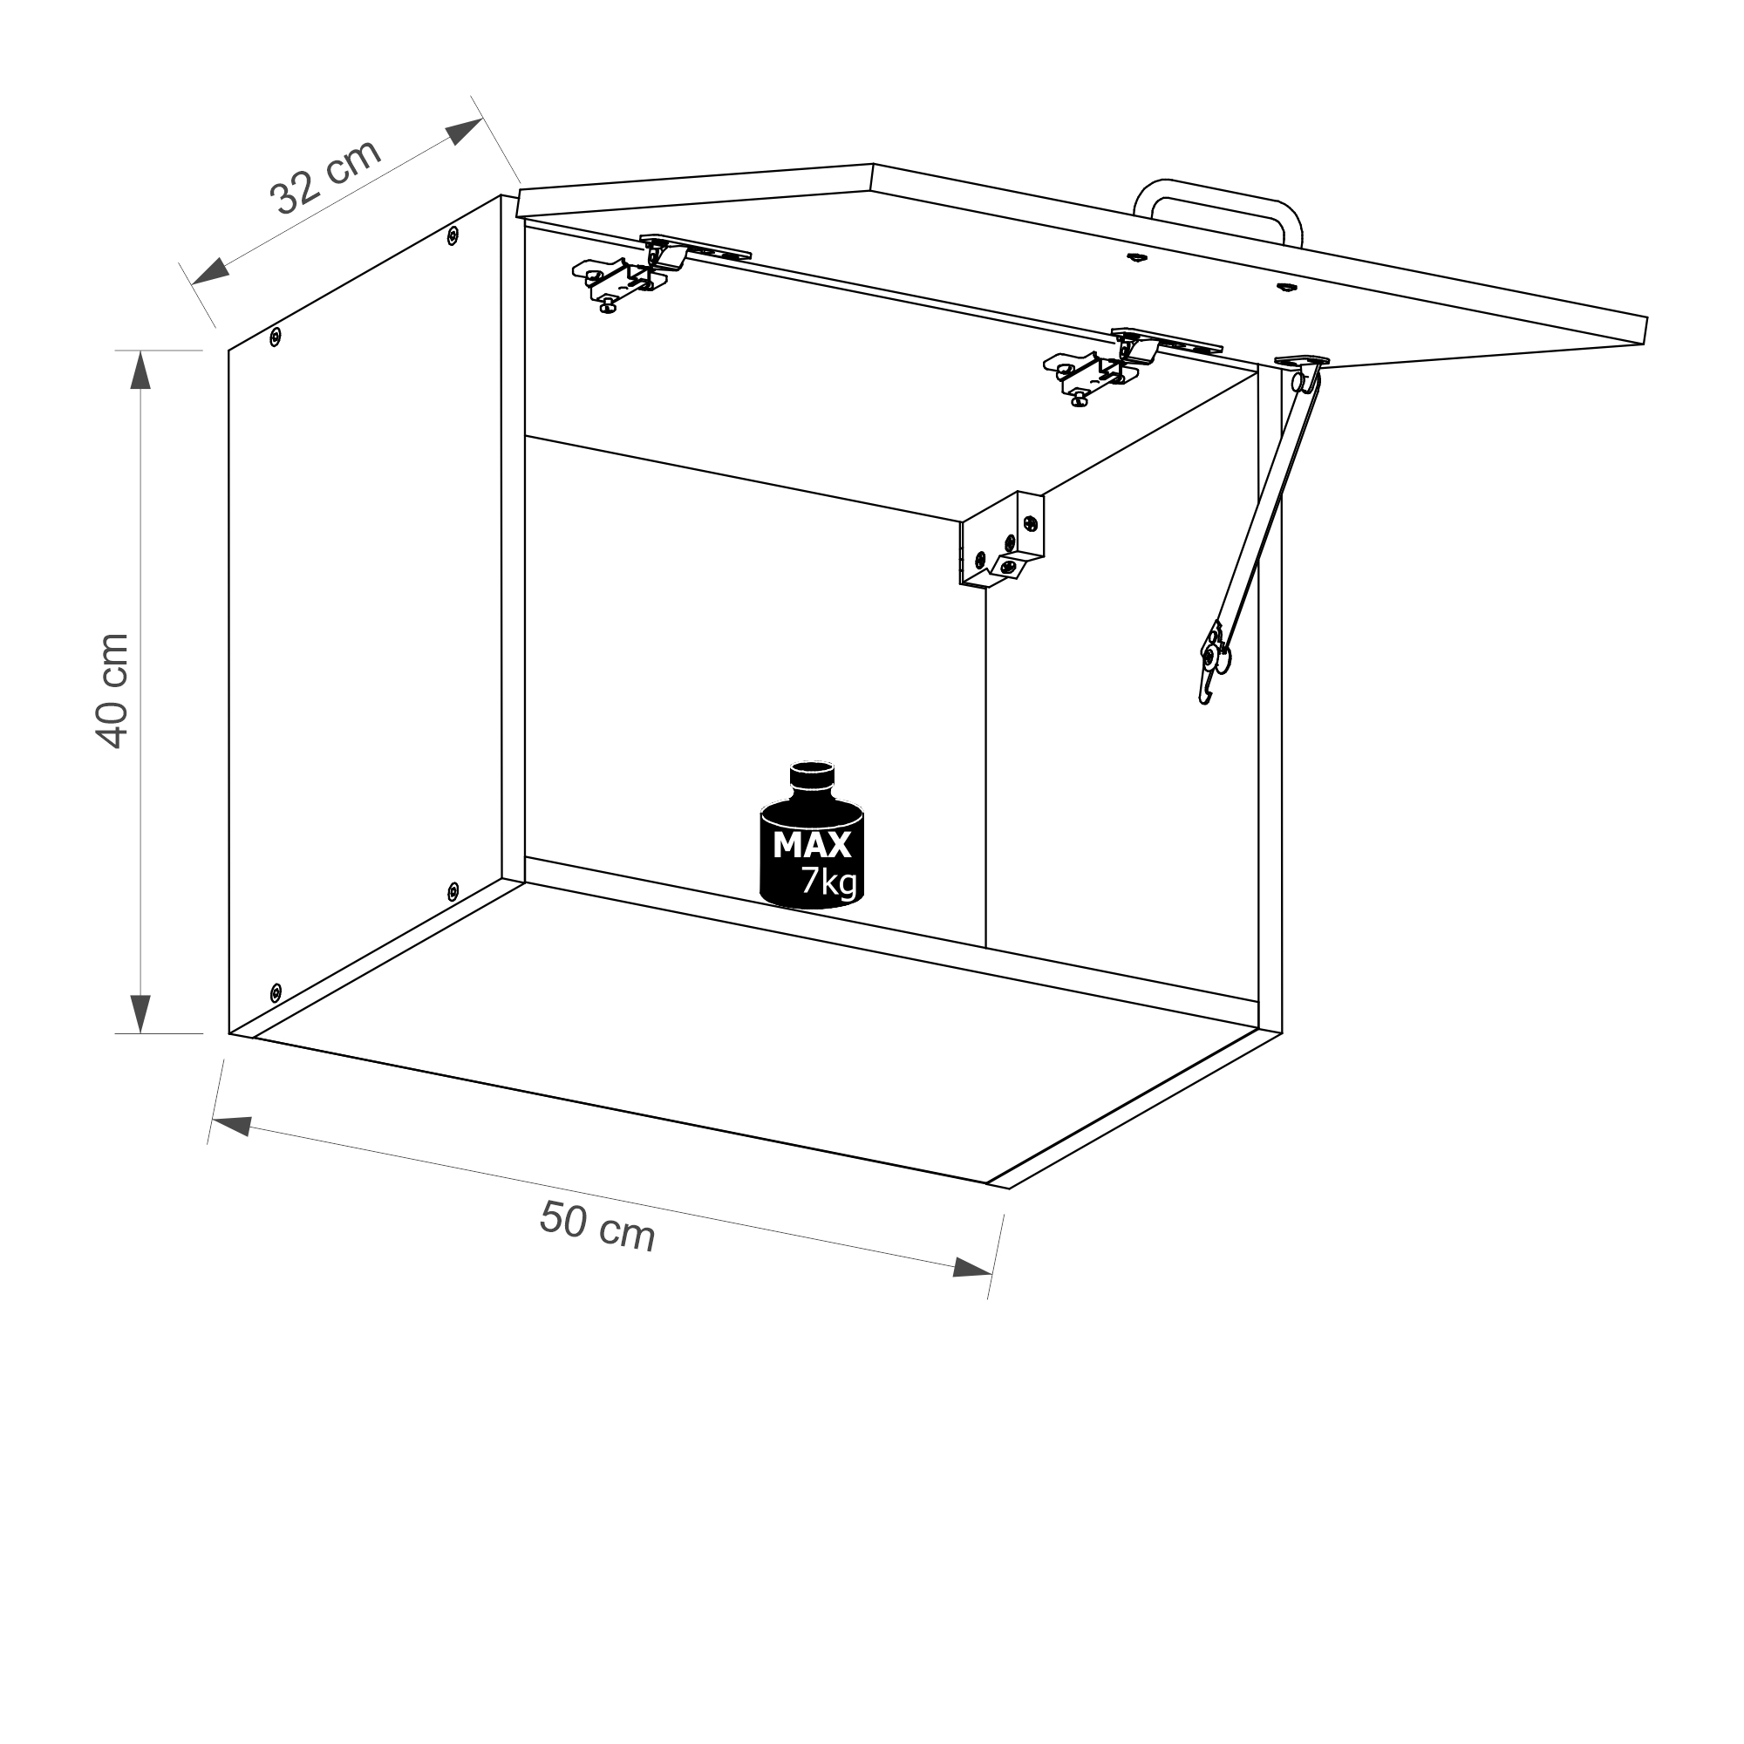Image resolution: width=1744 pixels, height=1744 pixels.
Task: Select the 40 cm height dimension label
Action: [x=112, y=691]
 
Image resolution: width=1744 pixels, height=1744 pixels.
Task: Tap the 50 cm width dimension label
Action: [x=596, y=1226]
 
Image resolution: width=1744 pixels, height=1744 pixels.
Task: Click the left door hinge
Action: [x=632, y=272]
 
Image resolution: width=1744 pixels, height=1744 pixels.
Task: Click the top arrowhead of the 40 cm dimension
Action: [x=140, y=371]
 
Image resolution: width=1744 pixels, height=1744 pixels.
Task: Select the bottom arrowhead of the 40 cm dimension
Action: [x=140, y=1012]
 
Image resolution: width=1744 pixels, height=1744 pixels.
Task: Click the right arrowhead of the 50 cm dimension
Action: [x=971, y=1268]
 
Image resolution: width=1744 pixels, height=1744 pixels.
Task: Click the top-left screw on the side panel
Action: [x=276, y=337]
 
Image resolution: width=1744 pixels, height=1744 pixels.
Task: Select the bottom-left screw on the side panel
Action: [x=276, y=992]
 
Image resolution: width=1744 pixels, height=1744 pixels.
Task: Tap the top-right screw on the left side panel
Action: [x=453, y=235]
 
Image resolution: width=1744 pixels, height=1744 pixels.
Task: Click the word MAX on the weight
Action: [x=812, y=845]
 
